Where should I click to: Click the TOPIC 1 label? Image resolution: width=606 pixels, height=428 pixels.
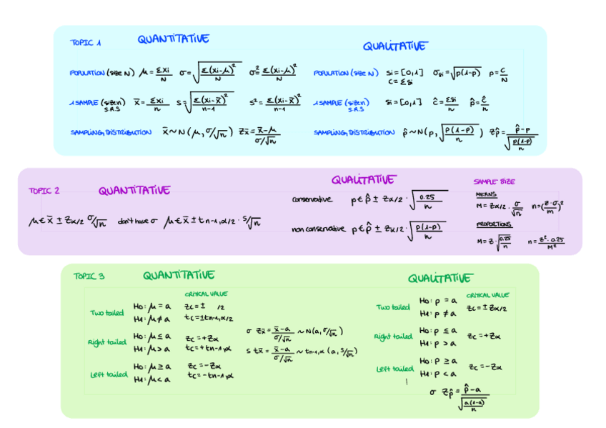click(85, 43)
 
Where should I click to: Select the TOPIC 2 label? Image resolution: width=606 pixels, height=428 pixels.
click(44, 191)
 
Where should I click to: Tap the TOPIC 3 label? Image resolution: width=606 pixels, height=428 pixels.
click(89, 277)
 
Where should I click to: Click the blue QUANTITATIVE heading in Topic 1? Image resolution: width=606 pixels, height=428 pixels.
click(174, 39)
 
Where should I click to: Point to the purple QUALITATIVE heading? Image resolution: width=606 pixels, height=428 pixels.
click(362, 179)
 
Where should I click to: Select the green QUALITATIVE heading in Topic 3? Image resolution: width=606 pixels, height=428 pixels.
click(439, 278)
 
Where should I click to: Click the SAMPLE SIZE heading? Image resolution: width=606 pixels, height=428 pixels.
click(494, 181)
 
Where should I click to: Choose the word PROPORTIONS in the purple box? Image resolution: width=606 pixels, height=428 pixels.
click(494, 224)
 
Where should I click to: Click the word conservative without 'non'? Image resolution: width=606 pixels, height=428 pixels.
click(312, 199)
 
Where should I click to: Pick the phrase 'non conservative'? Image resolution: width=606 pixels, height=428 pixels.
click(318, 229)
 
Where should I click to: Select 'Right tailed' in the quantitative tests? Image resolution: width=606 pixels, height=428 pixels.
click(106, 342)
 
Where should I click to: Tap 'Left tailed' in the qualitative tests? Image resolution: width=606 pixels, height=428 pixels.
click(394, 369)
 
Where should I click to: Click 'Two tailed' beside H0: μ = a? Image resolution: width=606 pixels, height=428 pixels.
click(106, 312)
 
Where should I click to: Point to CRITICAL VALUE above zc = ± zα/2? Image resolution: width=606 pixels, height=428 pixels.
click(487, 294)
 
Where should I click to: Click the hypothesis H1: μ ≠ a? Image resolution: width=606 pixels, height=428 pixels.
click(152, 318)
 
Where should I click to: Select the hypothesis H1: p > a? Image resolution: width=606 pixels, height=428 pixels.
click(437, 342)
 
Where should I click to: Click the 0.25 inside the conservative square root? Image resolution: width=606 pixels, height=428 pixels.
click(427, 197)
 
